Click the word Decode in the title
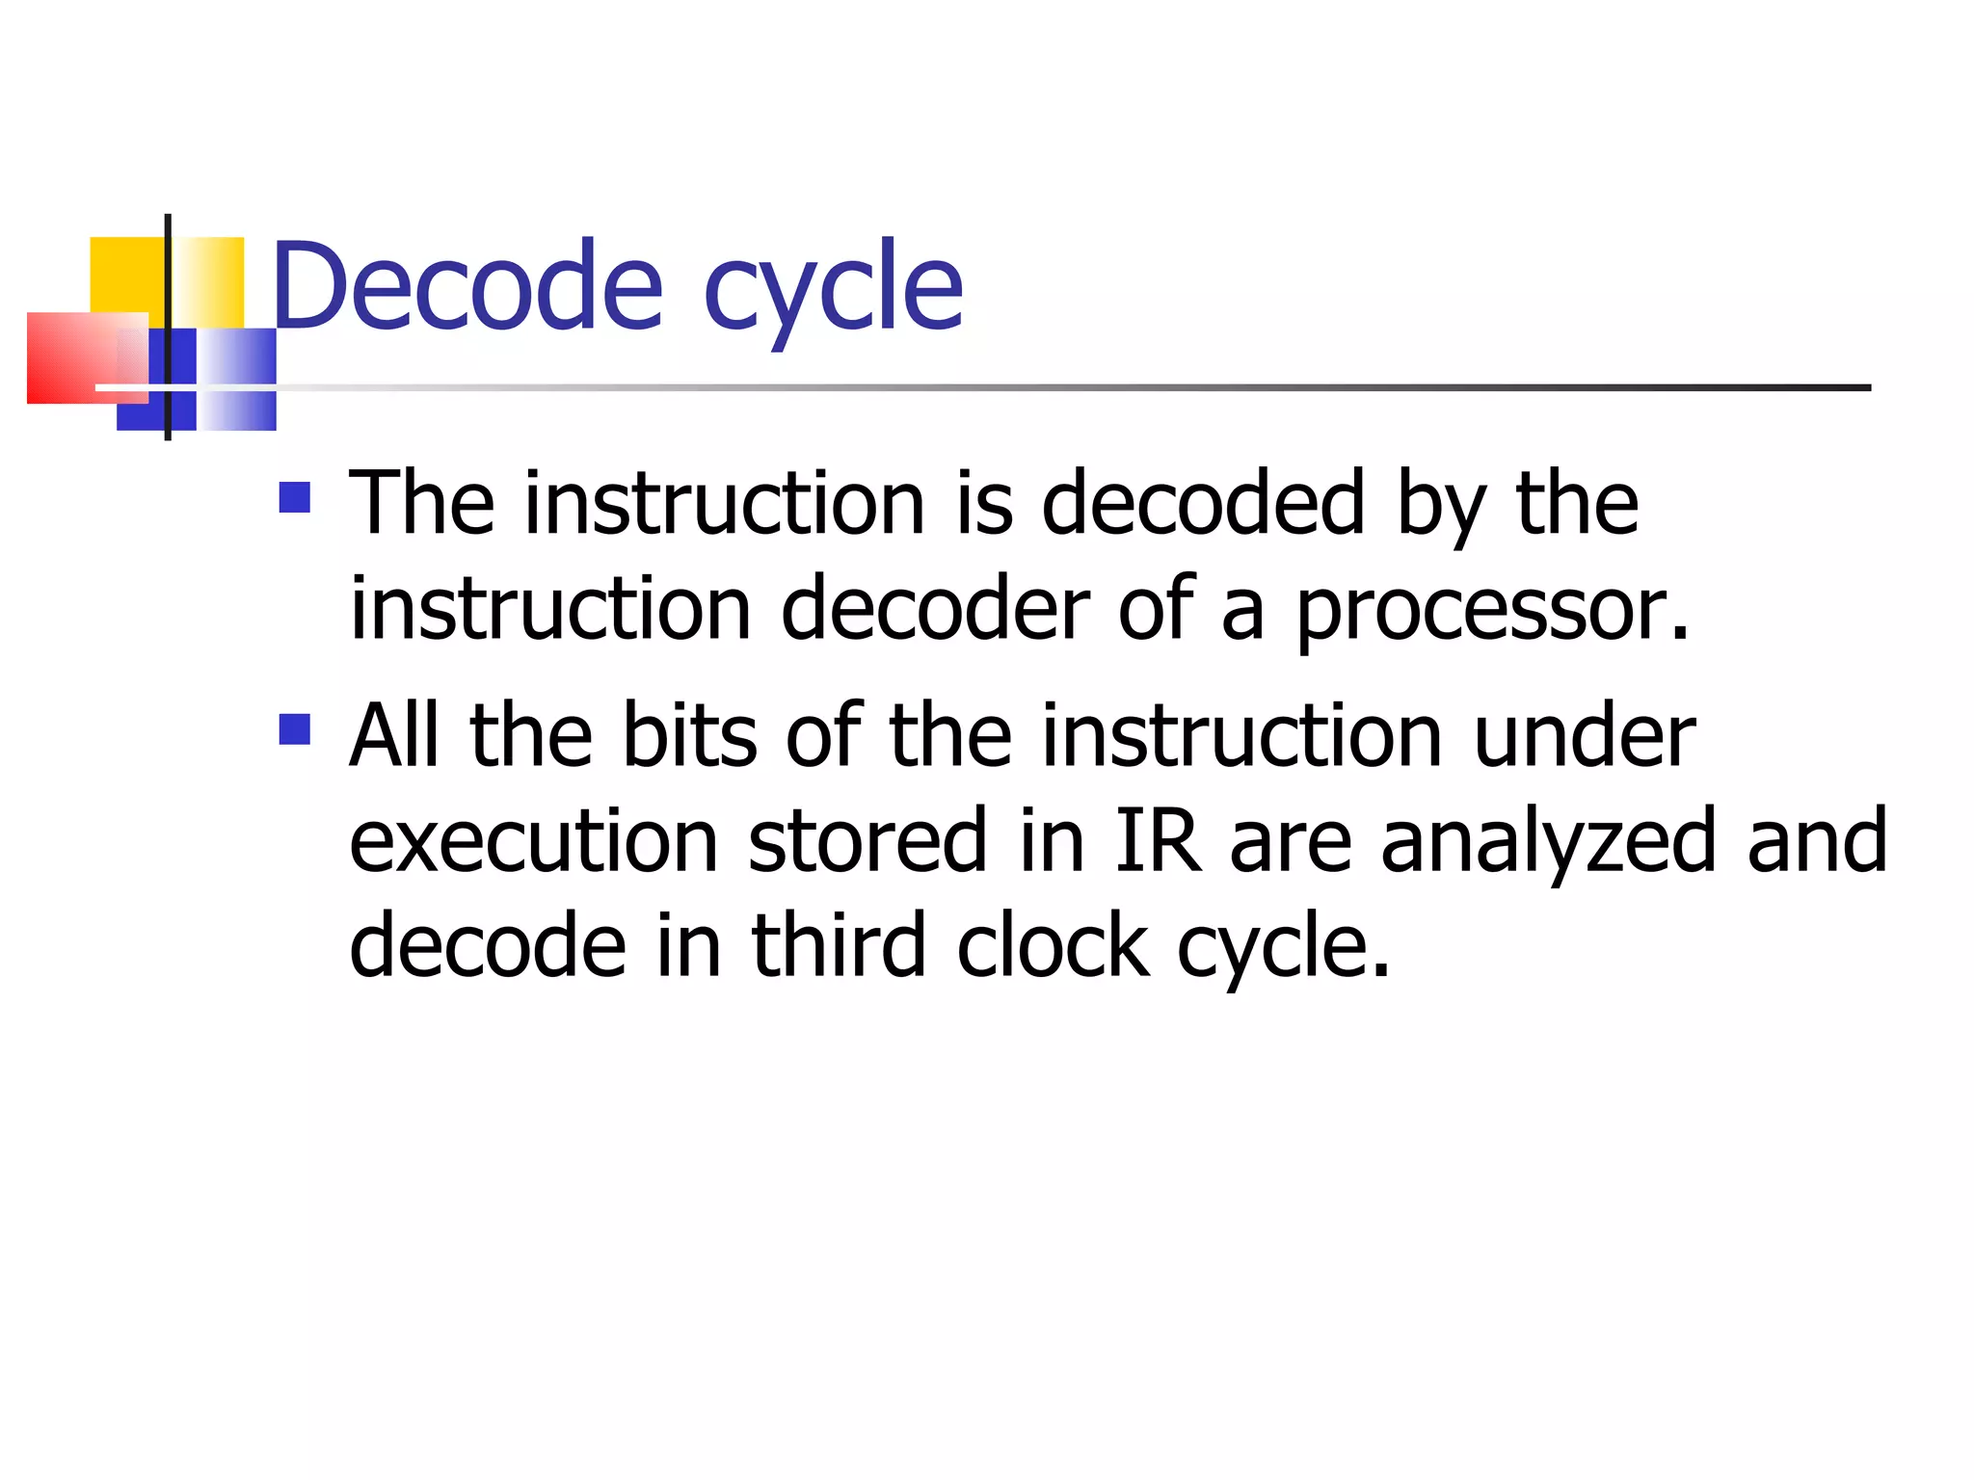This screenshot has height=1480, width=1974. pos(468,286)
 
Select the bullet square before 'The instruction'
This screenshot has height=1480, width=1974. pos(295,497)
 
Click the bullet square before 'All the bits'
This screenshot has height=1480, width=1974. pos(295,729)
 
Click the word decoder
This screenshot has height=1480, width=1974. pos(935,608)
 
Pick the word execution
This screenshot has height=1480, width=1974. pos(534,840)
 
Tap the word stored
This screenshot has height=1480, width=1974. pos(867,840)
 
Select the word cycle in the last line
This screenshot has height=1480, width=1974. pos(1282,949)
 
